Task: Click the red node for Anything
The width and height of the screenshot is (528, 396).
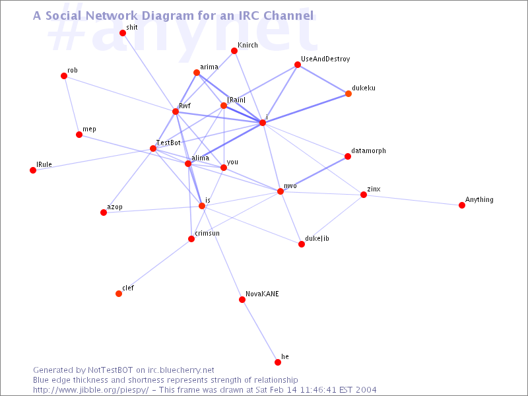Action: click(x=462, y=205)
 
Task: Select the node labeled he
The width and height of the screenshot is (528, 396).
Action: click(x=278, y=362)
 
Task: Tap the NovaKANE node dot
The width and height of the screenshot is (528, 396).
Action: click(x=242, y=300)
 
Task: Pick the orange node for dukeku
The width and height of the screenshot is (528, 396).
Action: click(x=348, y=94)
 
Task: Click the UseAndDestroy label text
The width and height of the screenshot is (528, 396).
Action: click(x=325, y=59)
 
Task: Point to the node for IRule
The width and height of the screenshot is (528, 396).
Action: click(x=33, y=170)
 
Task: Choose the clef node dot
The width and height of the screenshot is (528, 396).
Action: click(x=119, y=294)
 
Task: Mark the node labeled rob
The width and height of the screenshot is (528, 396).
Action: click(x=64, y=76)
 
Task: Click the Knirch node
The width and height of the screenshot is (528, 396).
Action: click(x=234, y=51)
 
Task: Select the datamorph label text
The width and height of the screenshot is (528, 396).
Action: click(x=368, y=150)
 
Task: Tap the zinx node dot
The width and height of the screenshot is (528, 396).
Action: click(x=364, y=195)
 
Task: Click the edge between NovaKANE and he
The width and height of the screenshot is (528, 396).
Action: click(x=260, y=331)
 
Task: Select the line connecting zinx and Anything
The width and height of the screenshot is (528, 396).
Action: click(x=413, y=200)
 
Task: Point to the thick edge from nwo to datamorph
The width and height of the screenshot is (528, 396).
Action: click(x=314, y=174)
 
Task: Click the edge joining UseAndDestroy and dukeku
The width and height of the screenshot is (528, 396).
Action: click(x=323, y=79)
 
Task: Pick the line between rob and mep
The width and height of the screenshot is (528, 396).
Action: click(x=71, y=105)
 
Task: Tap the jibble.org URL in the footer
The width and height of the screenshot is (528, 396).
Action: click(x=90, y=390)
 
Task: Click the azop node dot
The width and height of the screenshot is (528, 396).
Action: click(x=104, y=213)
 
